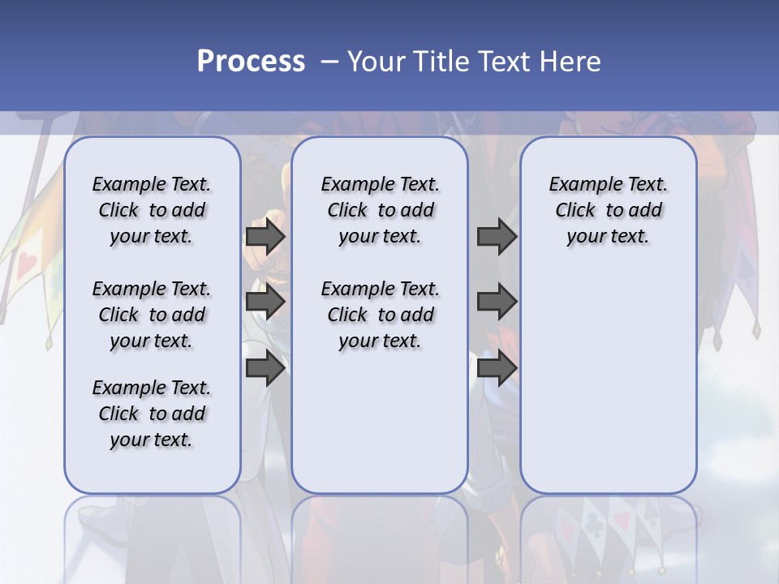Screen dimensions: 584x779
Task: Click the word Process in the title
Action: pyautogui.click(x=251, y=62)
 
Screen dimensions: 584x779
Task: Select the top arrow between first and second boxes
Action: pyautogui.click(x=265, y=237)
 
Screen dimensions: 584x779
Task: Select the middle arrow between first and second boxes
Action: pyautogui.click(x=265, y=302)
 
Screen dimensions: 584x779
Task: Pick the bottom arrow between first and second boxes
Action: pyautogui.click(x=265, y=368)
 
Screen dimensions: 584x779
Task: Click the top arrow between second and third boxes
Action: pyautogui.click(x=497, y=237)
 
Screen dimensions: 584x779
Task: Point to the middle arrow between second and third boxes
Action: pyautogui.click(x=497, y=302)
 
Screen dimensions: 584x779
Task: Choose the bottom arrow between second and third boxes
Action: pyautogui.click(x=497, y=368)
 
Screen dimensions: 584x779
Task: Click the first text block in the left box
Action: pyautogui.click(x=152, y=210)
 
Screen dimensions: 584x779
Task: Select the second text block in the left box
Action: pyautogui.click(x=152, y=315)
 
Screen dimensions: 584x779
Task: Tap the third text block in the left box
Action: pyautogui.click(x=152, y=414)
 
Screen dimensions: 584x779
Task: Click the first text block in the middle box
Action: pyautogui.click(x=380, y=210)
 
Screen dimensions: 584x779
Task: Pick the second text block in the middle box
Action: pyautogui.click(x=380, y=315)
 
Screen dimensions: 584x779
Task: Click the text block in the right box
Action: pyautogui.click(x=609, y=210)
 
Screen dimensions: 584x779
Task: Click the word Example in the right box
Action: pyautogui.click(x=579, y=185)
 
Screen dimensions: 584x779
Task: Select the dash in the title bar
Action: pyautogui.click(x=329, y=62)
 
